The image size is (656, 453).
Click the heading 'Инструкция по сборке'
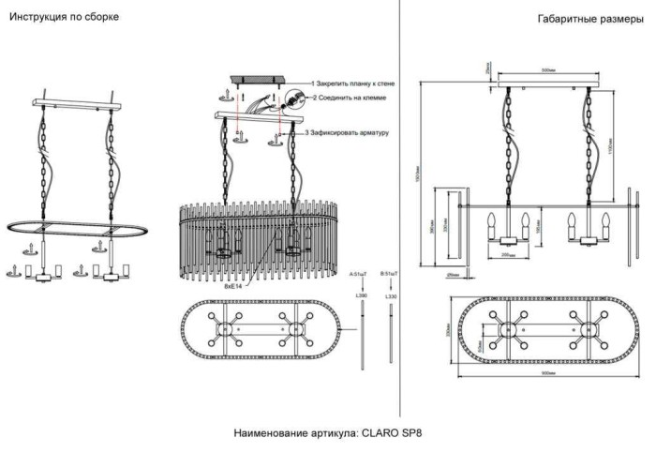point(65,18)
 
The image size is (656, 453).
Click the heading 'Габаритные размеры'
point(590,19)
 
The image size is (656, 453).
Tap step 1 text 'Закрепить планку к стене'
point(353,83)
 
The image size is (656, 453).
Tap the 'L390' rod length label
point(362,295)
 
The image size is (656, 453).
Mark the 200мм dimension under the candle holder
point(507,254)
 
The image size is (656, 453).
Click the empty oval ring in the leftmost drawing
point(71,228)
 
